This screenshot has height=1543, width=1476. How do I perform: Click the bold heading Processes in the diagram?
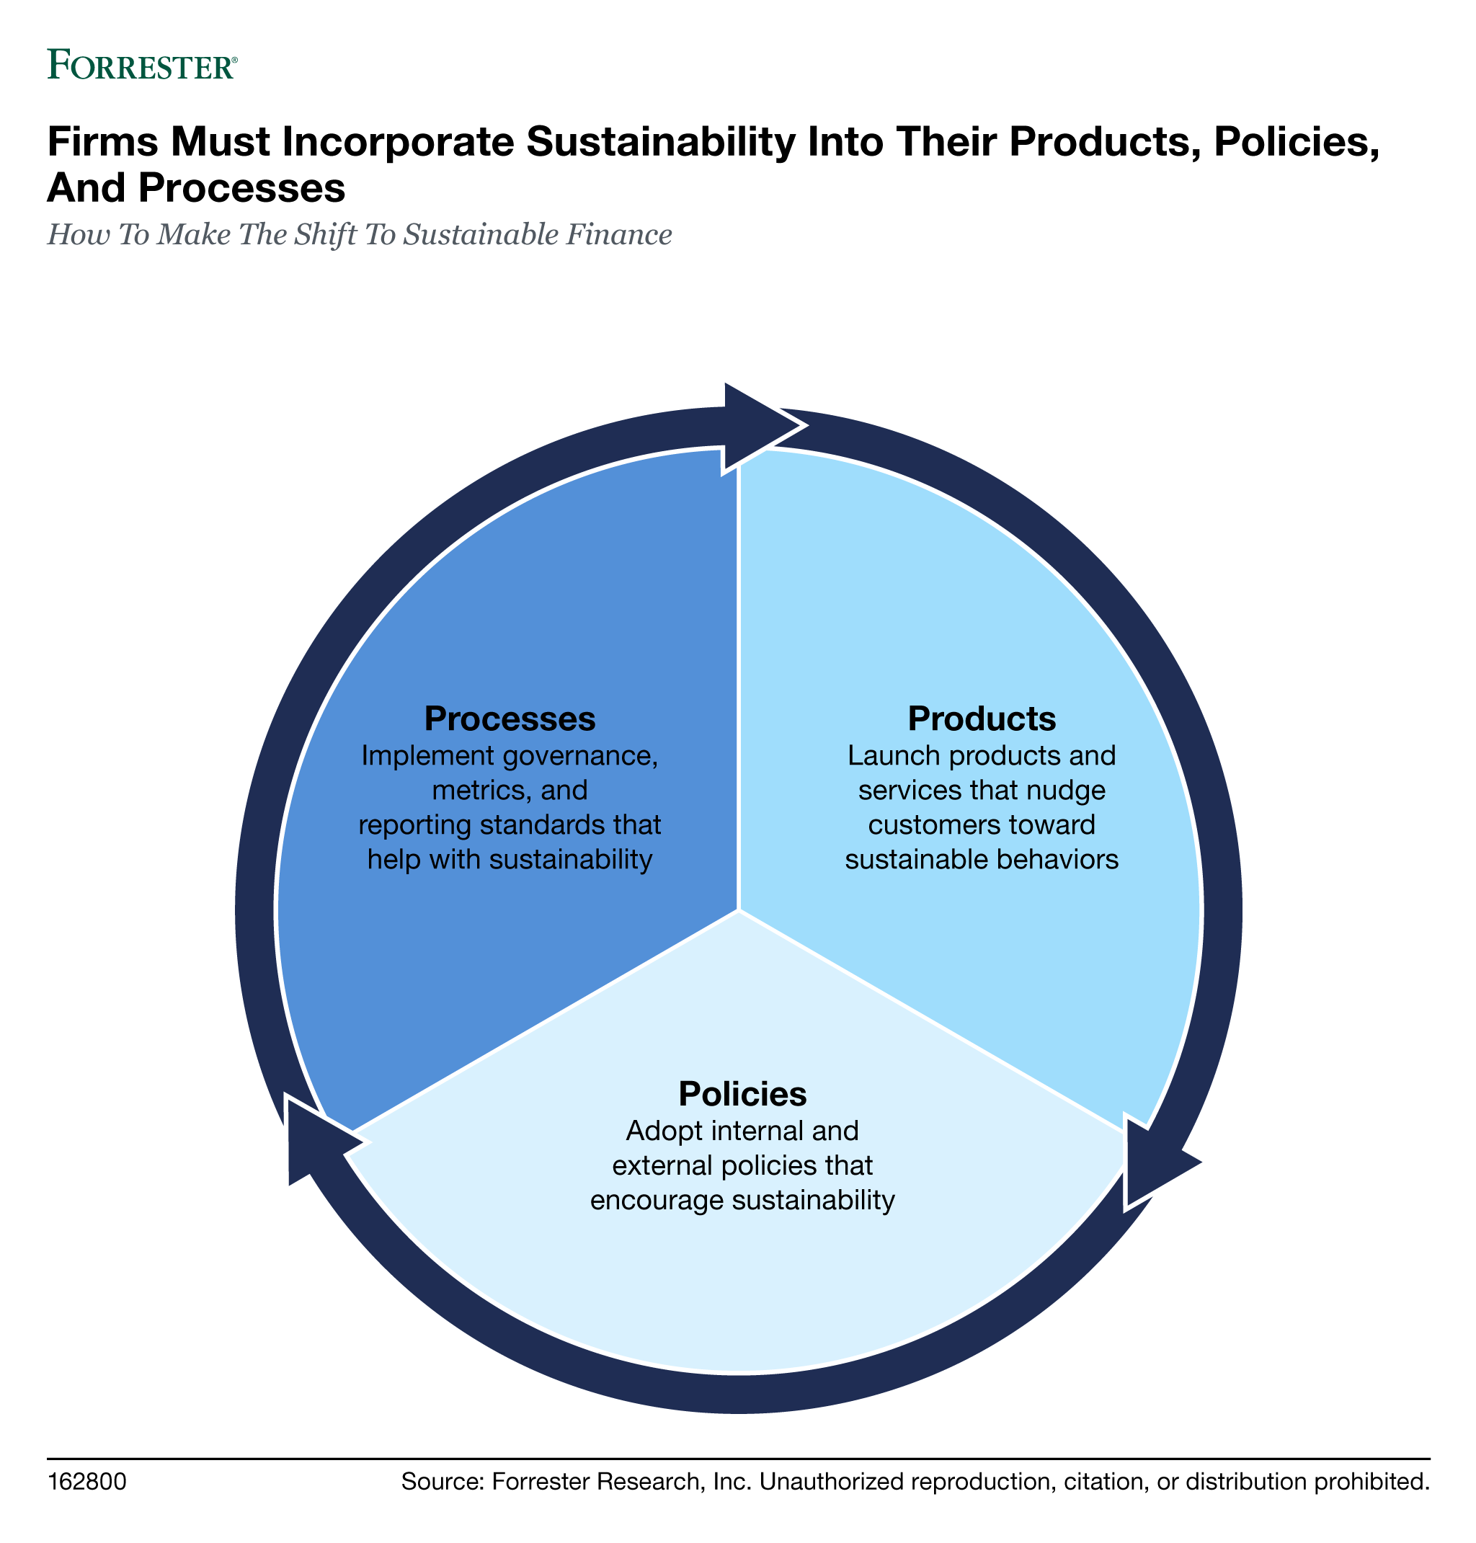(510, 718)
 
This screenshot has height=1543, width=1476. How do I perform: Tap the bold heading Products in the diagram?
(982, 718)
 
